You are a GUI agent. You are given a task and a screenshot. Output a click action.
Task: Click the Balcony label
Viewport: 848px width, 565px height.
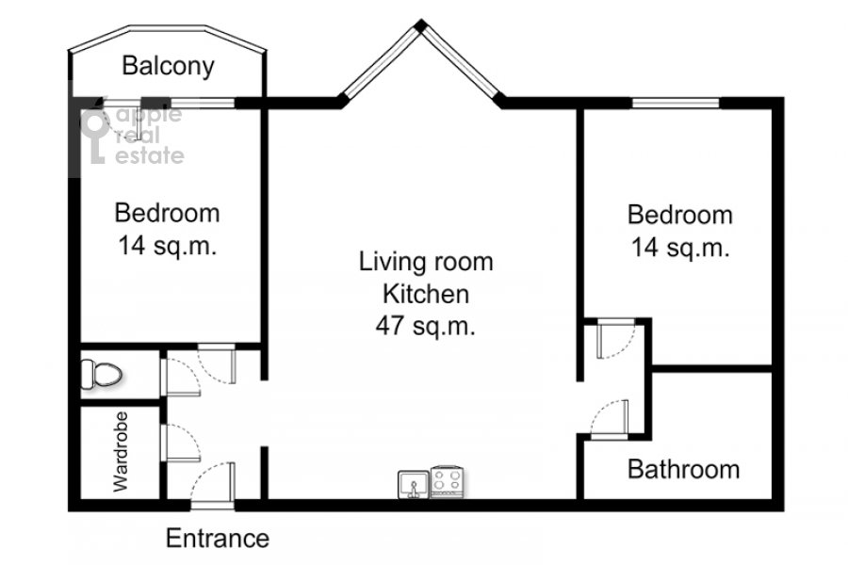(169, 67)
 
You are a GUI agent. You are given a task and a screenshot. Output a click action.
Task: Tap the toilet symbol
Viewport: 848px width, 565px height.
(101, 374)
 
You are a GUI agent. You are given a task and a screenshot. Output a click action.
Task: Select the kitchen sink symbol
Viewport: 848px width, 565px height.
(414, 484)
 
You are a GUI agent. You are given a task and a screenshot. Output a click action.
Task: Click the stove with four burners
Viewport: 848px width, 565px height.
(448, 482)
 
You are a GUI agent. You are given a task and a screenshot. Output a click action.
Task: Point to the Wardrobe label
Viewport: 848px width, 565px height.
(121, 451)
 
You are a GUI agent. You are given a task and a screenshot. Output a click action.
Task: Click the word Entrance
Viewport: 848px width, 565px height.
(218, 539)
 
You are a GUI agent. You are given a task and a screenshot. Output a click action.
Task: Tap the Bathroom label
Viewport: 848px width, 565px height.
(684, 469)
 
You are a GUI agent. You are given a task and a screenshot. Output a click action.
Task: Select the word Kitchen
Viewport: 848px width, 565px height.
(426, 295)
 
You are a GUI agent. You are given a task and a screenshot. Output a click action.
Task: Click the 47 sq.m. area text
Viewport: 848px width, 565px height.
(426, 326)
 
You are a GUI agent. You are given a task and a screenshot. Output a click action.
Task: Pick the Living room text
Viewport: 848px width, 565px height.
(426, 262)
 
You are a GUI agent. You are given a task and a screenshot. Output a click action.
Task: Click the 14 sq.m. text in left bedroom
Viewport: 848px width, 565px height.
(167, 246)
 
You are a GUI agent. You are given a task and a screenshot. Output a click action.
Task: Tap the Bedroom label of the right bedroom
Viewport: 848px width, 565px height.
(679, 216)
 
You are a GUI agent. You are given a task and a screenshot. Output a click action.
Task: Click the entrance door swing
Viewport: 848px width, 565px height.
(213, 484)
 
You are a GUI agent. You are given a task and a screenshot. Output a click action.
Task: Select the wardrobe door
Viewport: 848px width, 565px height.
(181, 443)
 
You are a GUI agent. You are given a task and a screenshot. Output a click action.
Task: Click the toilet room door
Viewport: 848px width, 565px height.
(181, 377)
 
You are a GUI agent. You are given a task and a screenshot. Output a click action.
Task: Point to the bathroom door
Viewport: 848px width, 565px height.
(610, 418)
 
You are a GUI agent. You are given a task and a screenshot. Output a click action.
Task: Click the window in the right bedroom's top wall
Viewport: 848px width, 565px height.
(676, 103)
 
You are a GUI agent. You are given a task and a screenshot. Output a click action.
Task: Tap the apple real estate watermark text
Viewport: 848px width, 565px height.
(149, 136)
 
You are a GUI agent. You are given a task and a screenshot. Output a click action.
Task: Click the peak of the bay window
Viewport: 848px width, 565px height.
(421, 24)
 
